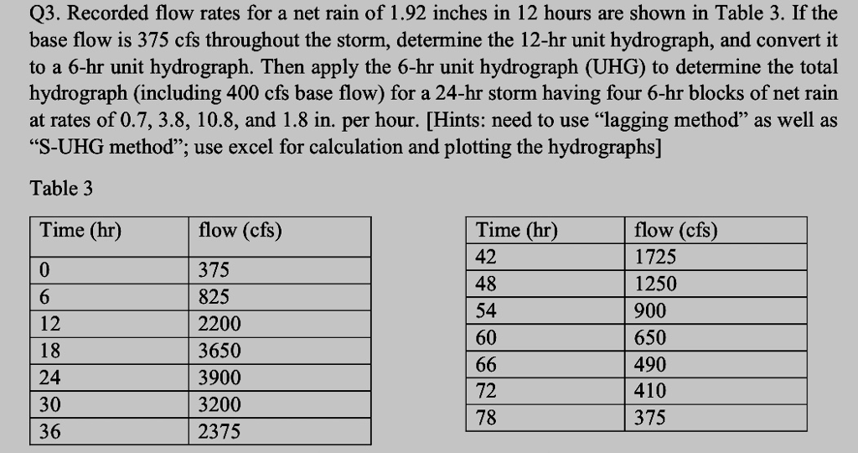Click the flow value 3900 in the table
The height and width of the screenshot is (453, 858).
tap(219, 377)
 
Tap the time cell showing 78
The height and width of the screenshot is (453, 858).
tap(486, 418)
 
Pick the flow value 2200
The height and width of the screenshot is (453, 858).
tap(219, 324)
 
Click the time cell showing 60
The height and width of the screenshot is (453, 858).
tap(486, 337)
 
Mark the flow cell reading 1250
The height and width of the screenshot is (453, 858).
tap(655, 284)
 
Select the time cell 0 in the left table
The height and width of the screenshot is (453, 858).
tap(44, 270)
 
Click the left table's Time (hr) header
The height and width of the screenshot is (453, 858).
tap(80, 230)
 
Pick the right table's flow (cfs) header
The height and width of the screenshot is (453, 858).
tap(675, 230)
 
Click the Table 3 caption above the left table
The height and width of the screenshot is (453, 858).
tap(61, 189)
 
